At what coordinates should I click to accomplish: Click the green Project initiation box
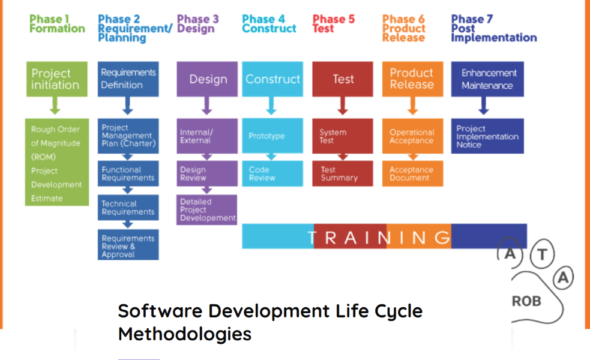57,79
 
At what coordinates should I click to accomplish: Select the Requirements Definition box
128,79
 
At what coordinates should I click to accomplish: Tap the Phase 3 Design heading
197,23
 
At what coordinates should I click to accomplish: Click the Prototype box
272,136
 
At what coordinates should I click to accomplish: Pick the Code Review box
272,173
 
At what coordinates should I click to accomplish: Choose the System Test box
342,136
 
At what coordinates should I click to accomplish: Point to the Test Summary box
342,173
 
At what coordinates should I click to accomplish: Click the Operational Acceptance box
413,136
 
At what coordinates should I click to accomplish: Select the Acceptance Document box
413,173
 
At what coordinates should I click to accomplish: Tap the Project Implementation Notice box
487,136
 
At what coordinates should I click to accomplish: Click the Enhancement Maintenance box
487,79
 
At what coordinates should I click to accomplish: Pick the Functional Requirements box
128,173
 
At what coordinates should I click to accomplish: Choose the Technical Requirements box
128,207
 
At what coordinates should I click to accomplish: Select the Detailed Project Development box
207,209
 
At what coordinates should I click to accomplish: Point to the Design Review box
207,173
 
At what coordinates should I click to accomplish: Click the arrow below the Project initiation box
55,106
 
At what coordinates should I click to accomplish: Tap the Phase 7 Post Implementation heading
494,28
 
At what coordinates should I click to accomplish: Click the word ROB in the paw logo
526,301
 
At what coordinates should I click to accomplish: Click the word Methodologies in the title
185,334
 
